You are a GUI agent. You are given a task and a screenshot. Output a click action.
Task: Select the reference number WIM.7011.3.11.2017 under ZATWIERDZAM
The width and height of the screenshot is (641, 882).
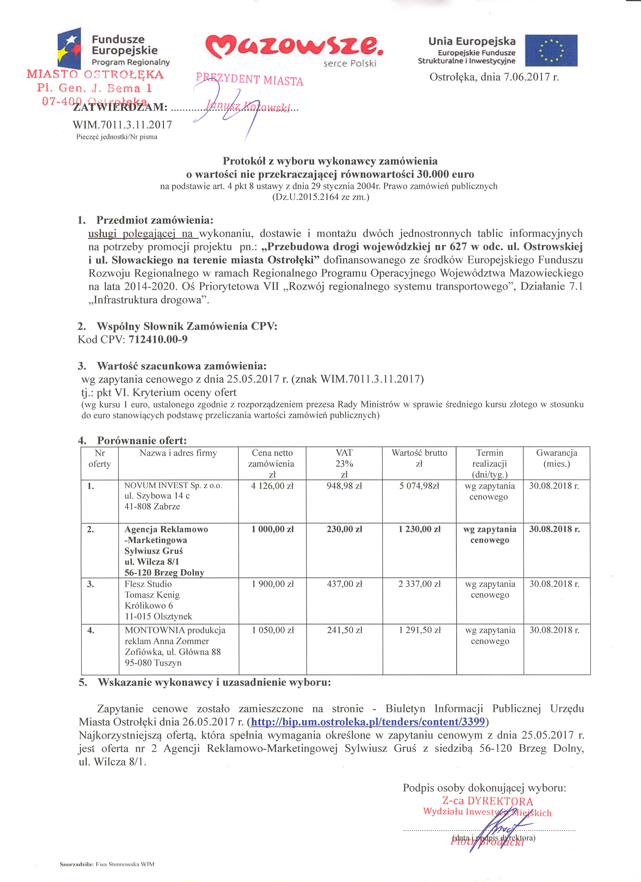pos(122,125)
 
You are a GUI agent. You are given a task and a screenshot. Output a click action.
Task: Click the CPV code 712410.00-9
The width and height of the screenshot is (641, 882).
pos(158,339)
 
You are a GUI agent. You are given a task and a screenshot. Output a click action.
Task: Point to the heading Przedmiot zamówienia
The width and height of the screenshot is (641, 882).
pos(155,220)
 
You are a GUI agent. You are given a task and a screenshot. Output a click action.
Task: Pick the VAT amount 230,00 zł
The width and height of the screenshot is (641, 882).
pos(344,529)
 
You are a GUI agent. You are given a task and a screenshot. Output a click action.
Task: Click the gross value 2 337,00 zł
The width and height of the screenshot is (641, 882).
pos(419,584)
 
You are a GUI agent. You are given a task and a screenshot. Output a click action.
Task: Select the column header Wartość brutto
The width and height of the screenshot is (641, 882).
pos(419,453)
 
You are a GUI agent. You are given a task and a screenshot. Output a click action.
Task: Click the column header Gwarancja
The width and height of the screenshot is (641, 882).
pos(556,453)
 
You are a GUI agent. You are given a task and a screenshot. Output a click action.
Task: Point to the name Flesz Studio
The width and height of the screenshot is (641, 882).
pos(148,584)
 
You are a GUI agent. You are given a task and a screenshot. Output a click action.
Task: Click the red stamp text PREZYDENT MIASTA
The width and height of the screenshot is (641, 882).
pos(249,79)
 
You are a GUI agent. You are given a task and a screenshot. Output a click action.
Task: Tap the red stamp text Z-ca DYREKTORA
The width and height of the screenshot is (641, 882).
pos(487,801)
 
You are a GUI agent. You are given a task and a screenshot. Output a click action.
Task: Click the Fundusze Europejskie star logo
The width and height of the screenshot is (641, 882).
pos(70,48)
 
